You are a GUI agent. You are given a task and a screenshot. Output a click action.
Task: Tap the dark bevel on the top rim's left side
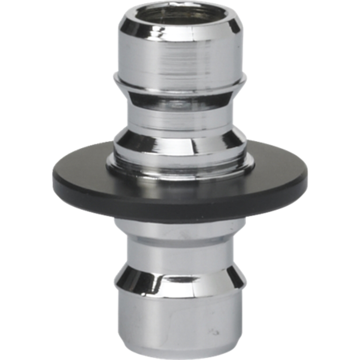(x=127, y=27)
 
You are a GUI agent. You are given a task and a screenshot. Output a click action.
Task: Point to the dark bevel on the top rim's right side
(x=233, y=27)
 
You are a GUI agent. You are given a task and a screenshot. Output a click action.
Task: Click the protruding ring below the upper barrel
(x=180, y=85)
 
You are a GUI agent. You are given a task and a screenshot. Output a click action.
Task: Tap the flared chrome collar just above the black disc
(x=180, y=144)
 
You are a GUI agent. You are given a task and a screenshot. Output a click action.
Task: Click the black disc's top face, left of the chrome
(x=81, y=169)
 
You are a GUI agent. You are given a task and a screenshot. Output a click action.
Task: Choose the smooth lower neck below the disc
(x=180, y=250)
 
